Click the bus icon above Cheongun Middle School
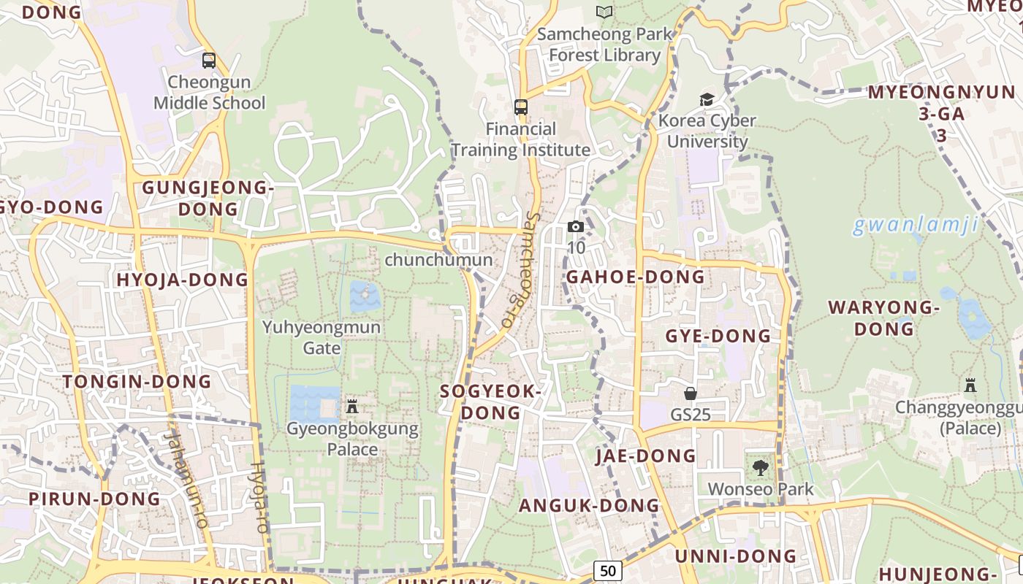coord(209,61)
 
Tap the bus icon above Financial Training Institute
coord(521,107)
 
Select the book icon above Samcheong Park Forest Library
coord(604,12)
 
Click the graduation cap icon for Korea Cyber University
coord(707,99)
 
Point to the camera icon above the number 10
coord(576,227)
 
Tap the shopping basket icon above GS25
coord(691,393)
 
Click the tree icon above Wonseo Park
coord(761,468)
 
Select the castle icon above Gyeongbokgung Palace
coord(352,406)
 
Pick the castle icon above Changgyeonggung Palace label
coord(970,385)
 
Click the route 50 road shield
coord(608,570)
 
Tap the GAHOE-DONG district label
coord(636,277)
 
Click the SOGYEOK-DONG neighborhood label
coord(491,402)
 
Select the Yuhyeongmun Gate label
coord(322,337)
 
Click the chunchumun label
coord(438,259)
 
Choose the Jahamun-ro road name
coord(186,478)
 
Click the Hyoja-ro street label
coord(259,496)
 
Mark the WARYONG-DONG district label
coord(883,318)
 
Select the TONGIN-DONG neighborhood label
coord(137,381)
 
